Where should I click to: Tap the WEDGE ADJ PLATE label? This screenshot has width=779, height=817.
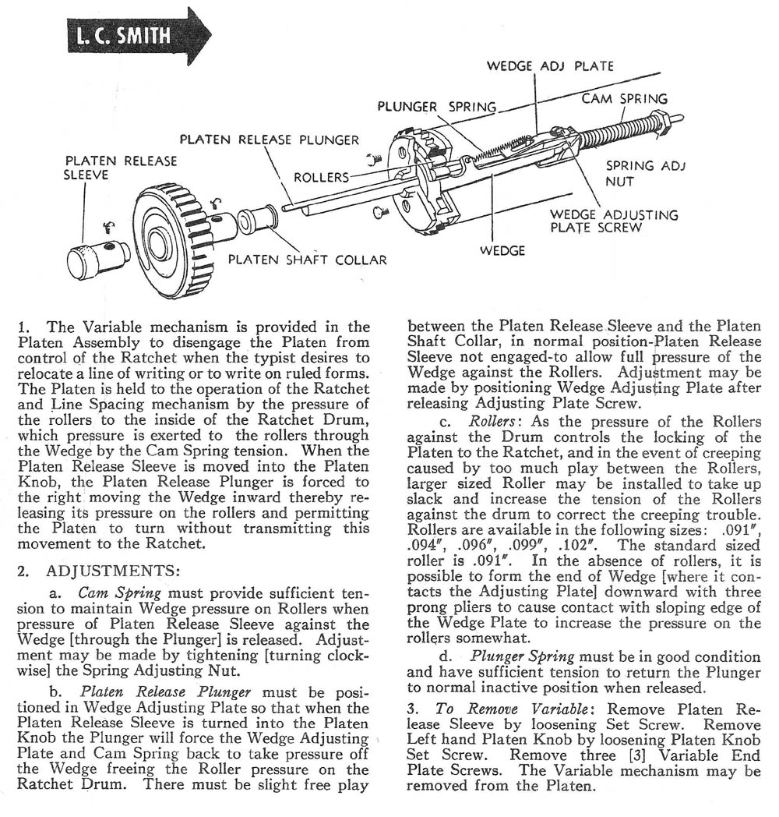click(x=550, y=66)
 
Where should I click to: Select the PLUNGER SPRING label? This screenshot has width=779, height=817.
click(x=436, y=106)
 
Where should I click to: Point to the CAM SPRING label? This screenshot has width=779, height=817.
click(x=624, y=99)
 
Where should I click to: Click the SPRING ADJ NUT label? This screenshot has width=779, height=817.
click(x=641, y=173)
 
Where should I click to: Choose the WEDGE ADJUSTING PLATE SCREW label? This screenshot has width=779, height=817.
click(x=614, y=221)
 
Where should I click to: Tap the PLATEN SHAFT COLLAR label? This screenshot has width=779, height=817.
click(x=307, y=259)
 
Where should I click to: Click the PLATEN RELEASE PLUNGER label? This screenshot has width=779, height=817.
click(x=270, y=140)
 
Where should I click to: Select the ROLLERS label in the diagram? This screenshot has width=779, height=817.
click(x=321, y=177)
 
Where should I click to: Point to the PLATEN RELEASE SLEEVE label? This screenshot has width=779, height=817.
click(x=120, y=168)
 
